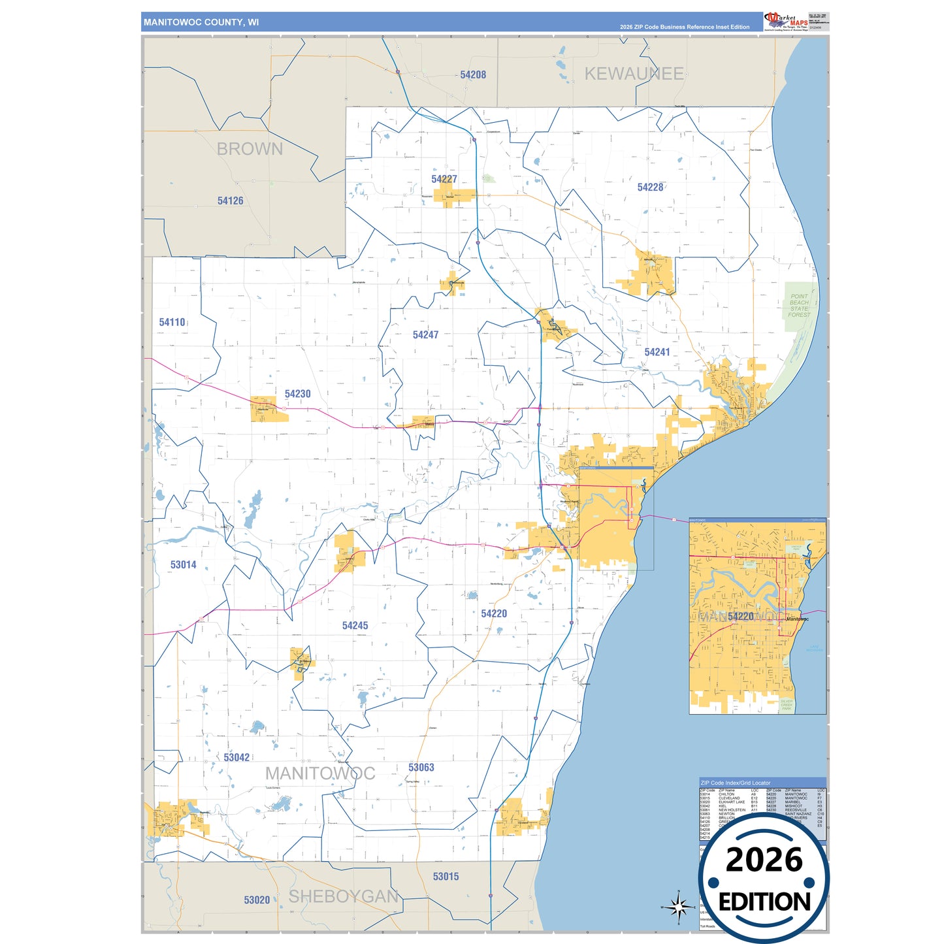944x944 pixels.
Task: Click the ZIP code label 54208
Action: [x=473, y=75]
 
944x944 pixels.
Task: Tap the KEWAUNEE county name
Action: [x=634, y=74]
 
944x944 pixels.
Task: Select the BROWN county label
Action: [x=250, y=149]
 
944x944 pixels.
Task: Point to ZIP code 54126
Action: [x=230, y=201]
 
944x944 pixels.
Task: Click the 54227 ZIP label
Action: [x=444, y=179]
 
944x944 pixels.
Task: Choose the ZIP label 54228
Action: [x=650, y=187]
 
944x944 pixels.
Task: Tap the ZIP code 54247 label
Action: [x=425, y=335]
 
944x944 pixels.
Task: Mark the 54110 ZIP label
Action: [x=172, y=323]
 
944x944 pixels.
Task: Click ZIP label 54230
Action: [x=297, y=394]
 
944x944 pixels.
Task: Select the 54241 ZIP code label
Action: [x=657, y=352]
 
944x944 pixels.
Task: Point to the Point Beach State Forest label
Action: [x=799, y=306]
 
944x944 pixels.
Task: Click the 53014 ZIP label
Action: [x=183, y=565]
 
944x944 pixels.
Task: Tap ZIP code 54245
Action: [x=355, y=626]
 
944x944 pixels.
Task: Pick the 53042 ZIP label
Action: [x=236, y=758]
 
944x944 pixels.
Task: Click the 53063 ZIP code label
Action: [x=421, y=768]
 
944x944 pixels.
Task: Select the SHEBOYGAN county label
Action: [x=344, y=897]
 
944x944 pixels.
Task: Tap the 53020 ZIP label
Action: [x=257, y=900]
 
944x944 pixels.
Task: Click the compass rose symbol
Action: [x=679, y=907]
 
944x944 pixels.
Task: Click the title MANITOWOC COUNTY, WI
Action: [x=201, y=22]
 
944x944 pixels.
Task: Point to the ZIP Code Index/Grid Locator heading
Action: [x=736, y=783]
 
